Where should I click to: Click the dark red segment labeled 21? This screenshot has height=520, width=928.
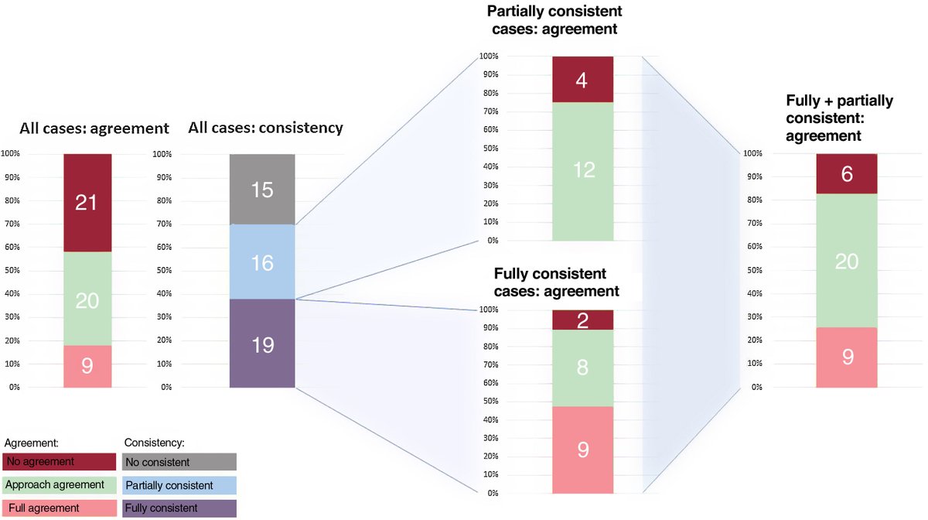pyautogui.click(x=87, y=203)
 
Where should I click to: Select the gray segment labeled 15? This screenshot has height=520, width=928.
pyautogui.click(x=262, y=190)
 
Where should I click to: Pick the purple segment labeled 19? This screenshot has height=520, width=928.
pyautogui.click(x=262, y=343)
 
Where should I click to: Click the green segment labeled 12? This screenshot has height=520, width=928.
pyautogui.click(x=583, y=171)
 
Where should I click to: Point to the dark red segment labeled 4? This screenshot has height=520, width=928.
pyautogui.click(x=583, y=80)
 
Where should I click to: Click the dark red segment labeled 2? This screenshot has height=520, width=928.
pyautogui.click(x=583, y=320)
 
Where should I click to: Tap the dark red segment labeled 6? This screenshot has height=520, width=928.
pyautogui.click(x=847, y=174)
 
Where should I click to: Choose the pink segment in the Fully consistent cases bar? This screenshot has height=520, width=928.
pyautogui.click(x=583, y=450)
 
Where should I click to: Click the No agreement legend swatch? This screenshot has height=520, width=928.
pyautogui.click(x=60, y=462)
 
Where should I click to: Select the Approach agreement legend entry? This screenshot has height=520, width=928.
pyautogui.click(x=60, y=485)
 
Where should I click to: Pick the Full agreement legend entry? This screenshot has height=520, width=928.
pyautogui.click(x=60, y=508)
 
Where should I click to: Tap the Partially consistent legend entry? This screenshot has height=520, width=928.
pyautogui.click(x=179, y=485)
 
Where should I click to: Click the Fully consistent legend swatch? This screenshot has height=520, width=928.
pyautogui.click(x=179, y=508)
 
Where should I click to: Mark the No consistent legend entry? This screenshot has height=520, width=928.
pyautogui.click(x=179, y=462)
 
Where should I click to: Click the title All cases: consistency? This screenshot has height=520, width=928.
pyautogui.click(x=265, y=128)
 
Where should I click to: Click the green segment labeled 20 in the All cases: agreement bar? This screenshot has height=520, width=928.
pyautogui.click(x=87, y=299)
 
